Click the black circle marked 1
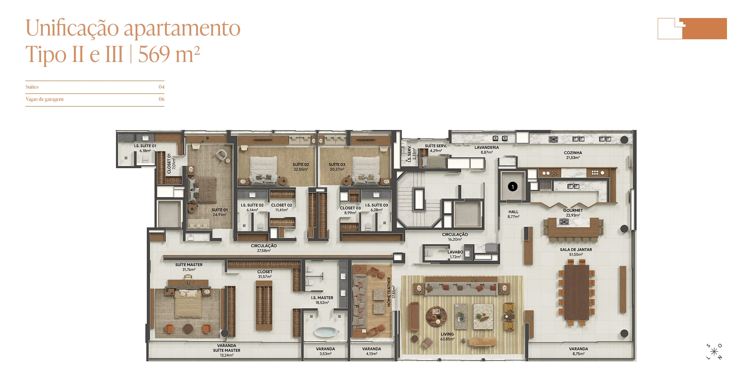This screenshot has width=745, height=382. pos(513,187)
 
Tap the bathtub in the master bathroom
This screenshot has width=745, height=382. pos(326,332)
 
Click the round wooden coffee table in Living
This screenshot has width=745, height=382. pos(436,317)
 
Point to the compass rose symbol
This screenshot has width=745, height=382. pos(714,352)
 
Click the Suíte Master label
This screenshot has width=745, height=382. pos(189,265)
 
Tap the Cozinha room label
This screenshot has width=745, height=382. pos(573,153)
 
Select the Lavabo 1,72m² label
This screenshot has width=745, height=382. pos(455,254)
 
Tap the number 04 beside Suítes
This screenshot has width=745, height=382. pos(162,87)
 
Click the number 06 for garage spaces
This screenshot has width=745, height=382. pos(162,99)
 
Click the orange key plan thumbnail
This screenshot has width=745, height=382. pos(692,28)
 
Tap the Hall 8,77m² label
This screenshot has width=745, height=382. pos(513,214)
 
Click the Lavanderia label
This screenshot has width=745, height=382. pos(487,147)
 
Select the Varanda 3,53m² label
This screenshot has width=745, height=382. pos(325,351)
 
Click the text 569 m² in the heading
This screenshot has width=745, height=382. pos(169,54)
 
